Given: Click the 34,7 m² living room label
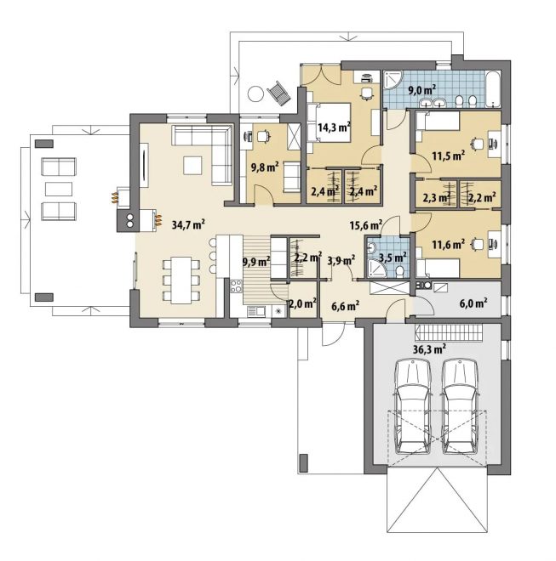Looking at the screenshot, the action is tap(188, 224).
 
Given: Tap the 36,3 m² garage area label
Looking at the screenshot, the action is tap(429, 348).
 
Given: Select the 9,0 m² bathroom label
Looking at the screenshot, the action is tap(422, 89).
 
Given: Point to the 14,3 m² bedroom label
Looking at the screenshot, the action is tap(334, 127).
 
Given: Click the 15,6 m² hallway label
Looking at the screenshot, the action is tap(366, 224).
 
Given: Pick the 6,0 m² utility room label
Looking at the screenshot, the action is tap(473, 303).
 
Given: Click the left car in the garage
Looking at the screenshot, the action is tap(412, 407).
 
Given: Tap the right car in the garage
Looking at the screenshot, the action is tap(460, 407).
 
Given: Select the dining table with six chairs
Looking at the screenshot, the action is tap(181, 280).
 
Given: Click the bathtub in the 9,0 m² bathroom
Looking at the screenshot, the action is tap(493, 89).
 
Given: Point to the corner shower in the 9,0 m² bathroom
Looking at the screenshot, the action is tap(393, 80).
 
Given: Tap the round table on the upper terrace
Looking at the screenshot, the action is tap(255, 94).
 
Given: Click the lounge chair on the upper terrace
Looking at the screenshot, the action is tap(279, 93).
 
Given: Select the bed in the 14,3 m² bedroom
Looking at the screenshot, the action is tap(329, 122).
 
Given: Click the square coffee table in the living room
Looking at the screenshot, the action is tap(193, 165).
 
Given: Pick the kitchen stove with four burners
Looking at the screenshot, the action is tap(236, 286).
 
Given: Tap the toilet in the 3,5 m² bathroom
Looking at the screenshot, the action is tap(399, 271).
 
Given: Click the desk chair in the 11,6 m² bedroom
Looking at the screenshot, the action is tap(478, 244).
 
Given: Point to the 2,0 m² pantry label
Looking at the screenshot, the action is tap(302, 303).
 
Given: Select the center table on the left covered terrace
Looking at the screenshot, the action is tap(59, 189).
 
